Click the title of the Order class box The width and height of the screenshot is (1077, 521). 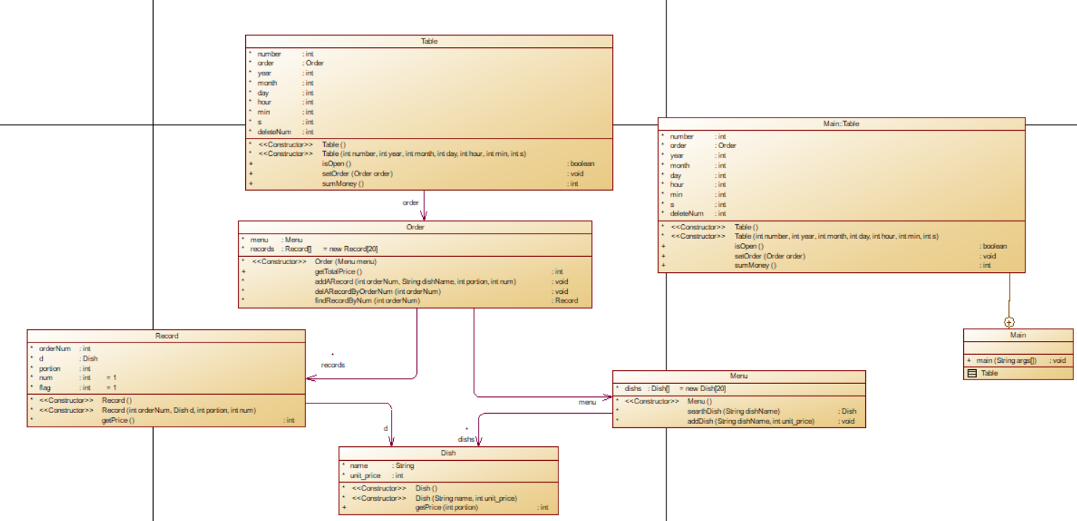point(415,227)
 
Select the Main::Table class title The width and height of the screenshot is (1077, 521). point(841,124)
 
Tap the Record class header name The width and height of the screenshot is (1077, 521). point(166,336)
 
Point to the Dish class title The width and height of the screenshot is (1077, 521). point(448,453)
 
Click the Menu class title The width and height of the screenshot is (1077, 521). point(739,376)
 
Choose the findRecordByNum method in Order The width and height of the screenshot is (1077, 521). point(367,300)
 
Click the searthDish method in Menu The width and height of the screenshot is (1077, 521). point(733,411)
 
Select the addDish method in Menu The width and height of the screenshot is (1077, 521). point(750,421)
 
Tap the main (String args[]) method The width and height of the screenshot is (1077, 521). point(1006,360)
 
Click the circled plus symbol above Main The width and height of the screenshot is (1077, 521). point(1008,321)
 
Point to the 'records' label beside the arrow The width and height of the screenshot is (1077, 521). point(333,365)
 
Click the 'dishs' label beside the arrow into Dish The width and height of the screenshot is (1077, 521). point(466,439)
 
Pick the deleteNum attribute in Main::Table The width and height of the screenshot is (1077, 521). point(686,213)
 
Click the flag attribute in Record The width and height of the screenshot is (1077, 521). point(45,387)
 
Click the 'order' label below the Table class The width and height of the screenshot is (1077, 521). point(410,202)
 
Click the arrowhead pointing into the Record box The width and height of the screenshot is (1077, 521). point(310,378)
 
